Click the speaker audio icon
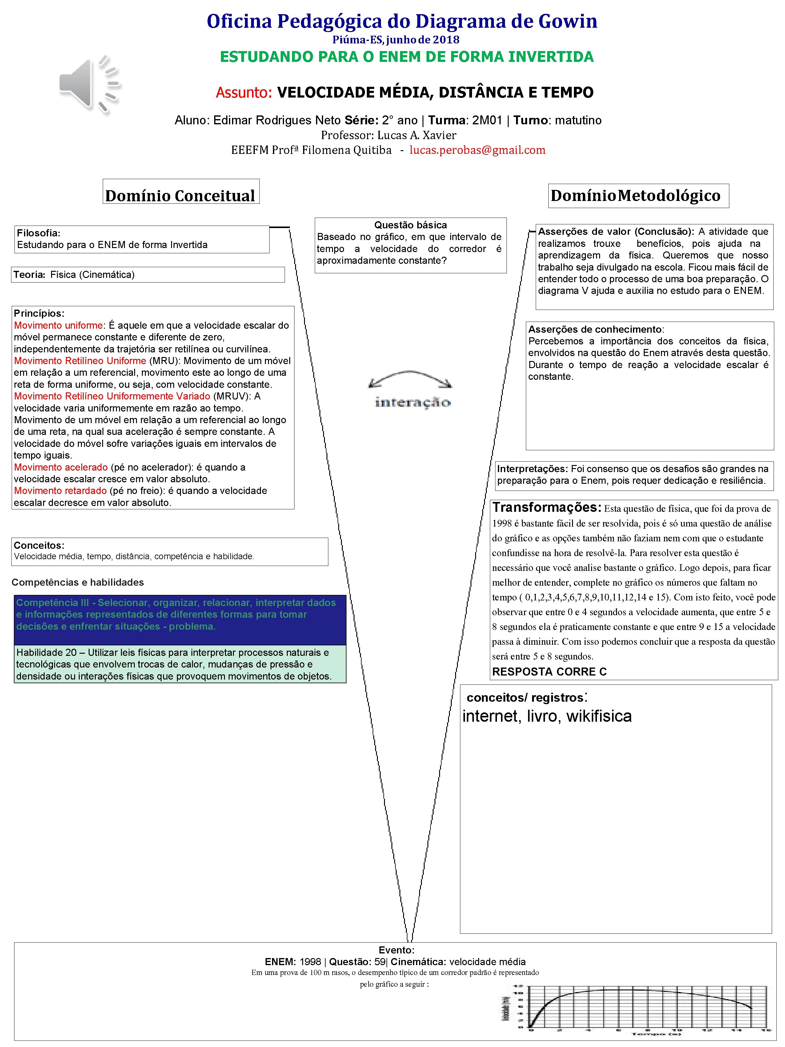(89, 84)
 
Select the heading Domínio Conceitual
(180, 195)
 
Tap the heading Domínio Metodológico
(635, 195)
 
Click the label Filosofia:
(38, 233)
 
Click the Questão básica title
(410, 225)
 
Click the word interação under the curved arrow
(412, 402)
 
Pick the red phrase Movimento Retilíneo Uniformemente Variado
(112, 396)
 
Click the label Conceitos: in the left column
(39, 545)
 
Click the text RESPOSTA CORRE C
(549, 672)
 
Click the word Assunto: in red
(244, 92)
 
